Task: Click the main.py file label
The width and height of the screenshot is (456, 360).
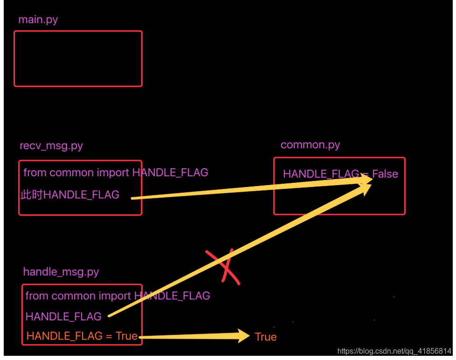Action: point(38,20)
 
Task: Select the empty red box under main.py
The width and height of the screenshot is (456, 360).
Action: point(78,59)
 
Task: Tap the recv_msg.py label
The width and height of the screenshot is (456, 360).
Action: point(51,145)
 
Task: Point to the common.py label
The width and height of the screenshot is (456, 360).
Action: point(310,145)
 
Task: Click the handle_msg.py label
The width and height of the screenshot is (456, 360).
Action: point(61,271)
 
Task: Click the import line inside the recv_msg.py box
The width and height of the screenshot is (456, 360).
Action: point(116,173)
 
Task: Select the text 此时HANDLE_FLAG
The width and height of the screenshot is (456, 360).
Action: point(70,194)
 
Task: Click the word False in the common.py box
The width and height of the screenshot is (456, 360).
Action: point(385,174)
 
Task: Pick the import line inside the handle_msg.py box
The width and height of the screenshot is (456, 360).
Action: point(118,296)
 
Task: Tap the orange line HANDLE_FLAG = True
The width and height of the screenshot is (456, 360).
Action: point(82,336)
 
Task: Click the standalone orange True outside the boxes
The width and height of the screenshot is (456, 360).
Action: point(266,337)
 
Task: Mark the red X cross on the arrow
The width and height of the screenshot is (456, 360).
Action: point(224,267)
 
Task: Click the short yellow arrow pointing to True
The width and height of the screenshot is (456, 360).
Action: point(196,336)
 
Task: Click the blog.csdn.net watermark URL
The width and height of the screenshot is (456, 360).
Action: point(394,351)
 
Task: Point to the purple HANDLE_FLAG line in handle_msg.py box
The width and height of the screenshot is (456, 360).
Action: point(63,317)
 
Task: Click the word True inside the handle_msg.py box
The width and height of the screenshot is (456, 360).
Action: point(126,336)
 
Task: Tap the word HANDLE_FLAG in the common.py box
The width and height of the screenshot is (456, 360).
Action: point(321,174)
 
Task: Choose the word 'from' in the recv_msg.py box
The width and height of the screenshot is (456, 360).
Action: point(35,173)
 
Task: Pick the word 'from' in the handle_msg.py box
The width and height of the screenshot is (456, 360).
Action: point(36,296)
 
